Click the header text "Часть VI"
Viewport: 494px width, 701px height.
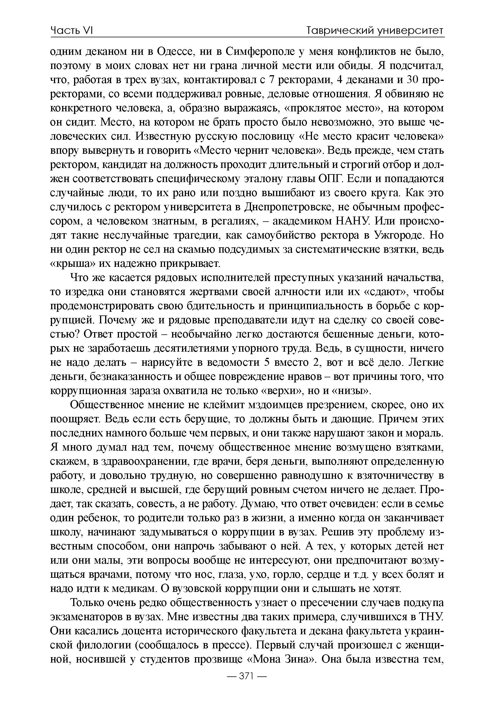pos(71,31)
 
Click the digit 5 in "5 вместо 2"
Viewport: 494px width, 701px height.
pos(267,363)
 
